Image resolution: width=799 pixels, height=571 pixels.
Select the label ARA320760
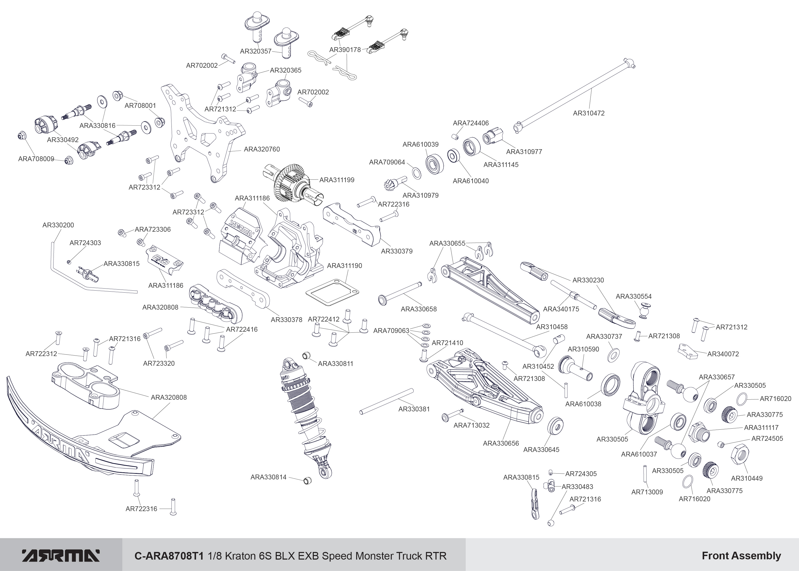pyautogui.click(x=262, y=149)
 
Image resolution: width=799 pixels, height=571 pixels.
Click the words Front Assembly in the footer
pyautogui.click(x=741, y=556)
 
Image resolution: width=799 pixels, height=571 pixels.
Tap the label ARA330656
pyautogui.click(x=501, y=443)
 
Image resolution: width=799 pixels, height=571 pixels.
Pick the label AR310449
pyautogui.click(x=747, y=478)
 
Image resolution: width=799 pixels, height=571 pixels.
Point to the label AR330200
pyautogui.click(x=58, y=225)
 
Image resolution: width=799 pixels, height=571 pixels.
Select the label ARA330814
pyautogui.click(x=268, y=477)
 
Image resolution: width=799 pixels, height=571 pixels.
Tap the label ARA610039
pyautogui.click(x=420, y=144)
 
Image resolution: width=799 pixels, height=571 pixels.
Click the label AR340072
pyautogui.click(x=723, y=354)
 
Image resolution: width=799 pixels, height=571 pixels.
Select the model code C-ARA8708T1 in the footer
pyautogui.click(x=169, y=556)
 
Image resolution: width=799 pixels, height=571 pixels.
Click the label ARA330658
pyautogui.click(x=419, y=309)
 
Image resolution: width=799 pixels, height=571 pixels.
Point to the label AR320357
pyautogui.click(x=255, y=51)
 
